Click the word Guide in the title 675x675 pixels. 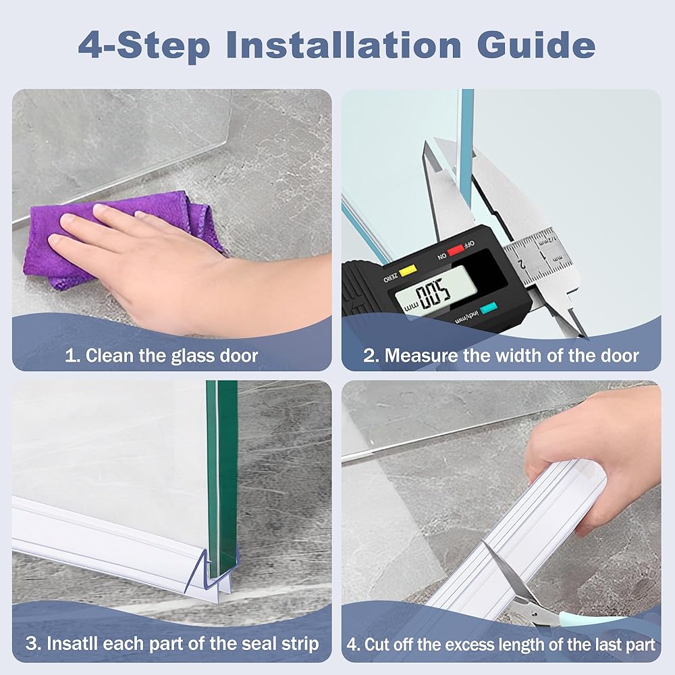tap(537, 45)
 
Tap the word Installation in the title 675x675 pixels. tap(344, 45)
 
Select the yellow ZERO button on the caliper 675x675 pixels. tap(408, 271)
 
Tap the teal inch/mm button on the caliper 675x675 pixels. tap(489, 308)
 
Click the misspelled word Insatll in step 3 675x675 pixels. tap(72, 643)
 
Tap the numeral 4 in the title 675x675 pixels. tap(91, 45)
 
